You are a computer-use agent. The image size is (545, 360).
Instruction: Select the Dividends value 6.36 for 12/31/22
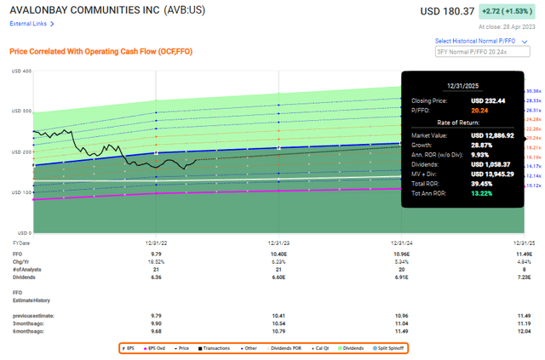tap(155, 277)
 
